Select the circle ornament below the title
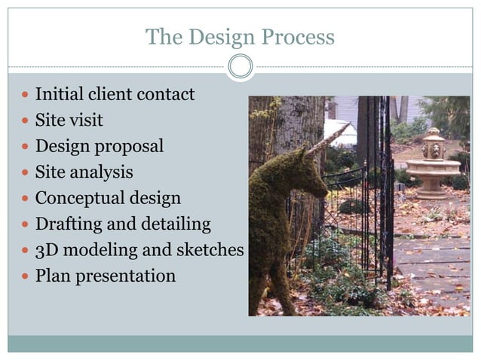click(240, 67)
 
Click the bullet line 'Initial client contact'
click(115, 95)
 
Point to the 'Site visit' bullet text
click(69, 121)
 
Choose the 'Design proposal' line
click(99, 146)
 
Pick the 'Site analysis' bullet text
click(84, 172)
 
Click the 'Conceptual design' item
click(108, 198)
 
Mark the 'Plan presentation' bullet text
click(105, 276)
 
